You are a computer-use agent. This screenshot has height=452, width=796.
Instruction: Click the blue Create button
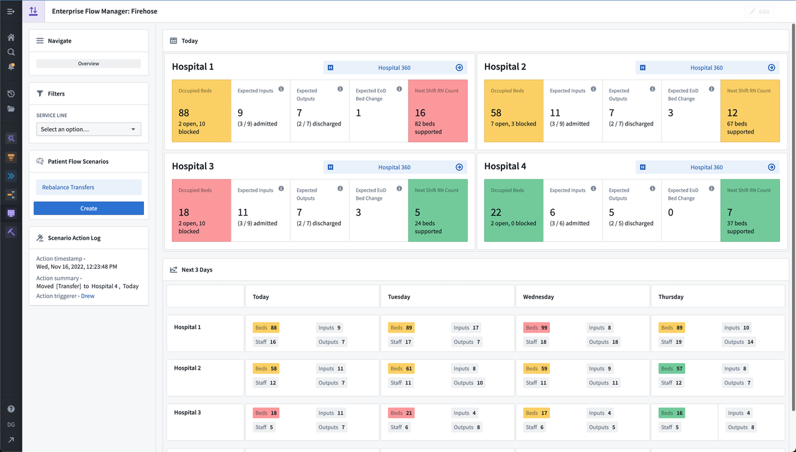(89, 208)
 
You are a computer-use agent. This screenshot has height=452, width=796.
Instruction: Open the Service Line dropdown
(89, 129)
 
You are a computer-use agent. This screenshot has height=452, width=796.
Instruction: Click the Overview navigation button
(88, 64)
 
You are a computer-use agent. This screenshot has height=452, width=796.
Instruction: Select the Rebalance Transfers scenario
(88, 187)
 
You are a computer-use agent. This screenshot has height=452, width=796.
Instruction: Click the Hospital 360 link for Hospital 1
(394, 68)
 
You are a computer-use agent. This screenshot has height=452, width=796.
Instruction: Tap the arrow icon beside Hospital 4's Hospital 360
(771, 167)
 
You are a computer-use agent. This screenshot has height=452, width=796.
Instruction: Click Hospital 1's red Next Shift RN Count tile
(438, 111)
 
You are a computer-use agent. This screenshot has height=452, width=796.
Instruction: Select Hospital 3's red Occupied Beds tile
(201, 210)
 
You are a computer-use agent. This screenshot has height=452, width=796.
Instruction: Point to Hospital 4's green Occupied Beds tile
(513, 210)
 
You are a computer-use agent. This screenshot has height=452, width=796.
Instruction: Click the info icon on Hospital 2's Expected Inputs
(593, 89)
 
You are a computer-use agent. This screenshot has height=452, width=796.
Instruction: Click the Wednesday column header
(539, 297)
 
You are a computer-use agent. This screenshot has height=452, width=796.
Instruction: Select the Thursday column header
(671, 297)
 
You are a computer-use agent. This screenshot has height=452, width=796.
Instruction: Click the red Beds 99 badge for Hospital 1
(536, 328)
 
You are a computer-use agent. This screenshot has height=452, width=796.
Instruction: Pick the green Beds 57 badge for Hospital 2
(671, 368)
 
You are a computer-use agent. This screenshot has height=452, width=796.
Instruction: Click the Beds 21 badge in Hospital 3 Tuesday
(401, 413)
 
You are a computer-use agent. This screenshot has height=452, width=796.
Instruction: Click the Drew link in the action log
(88, 296)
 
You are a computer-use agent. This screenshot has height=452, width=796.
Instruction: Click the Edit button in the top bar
(760, 12)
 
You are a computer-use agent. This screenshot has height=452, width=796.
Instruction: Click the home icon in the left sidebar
(11, 38)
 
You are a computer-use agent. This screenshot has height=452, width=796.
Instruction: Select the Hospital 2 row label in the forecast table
(187, 368)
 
